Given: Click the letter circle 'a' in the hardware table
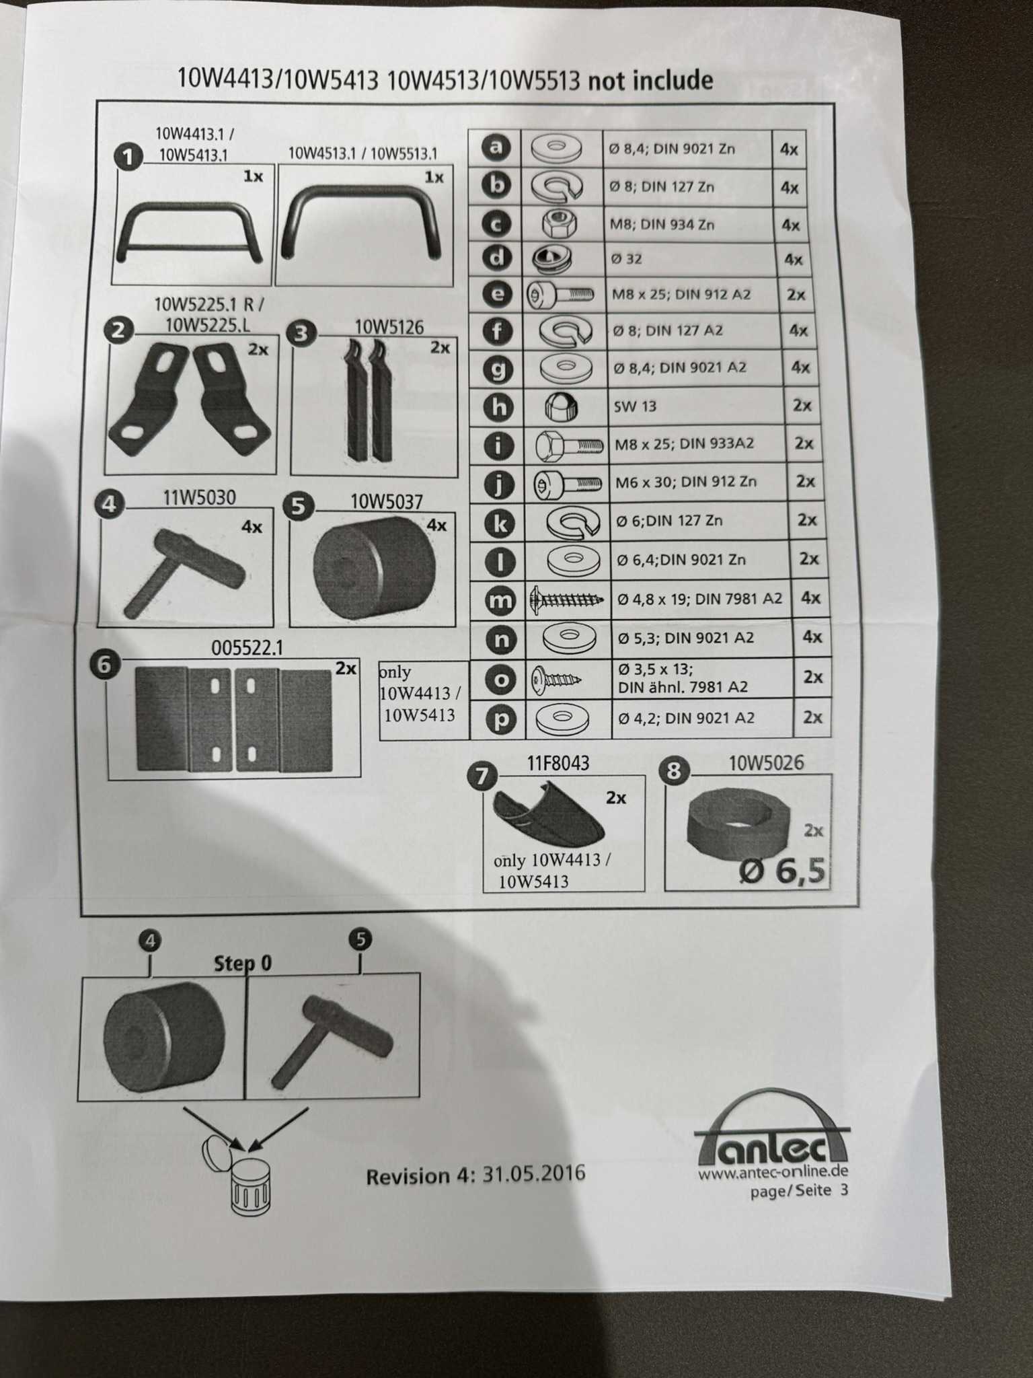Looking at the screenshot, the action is point(496,147).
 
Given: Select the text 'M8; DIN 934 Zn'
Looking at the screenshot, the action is point(662,224).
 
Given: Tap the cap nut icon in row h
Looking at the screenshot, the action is point(561,406).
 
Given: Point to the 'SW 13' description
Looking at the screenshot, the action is point(635,406).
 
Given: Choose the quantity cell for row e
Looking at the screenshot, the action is point(796,295).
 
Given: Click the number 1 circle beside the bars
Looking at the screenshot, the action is point(128,157).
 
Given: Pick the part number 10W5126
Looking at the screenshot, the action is point(389,328).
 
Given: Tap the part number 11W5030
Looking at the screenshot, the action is point(200,498).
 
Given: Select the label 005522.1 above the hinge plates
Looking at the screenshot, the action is point(247,648).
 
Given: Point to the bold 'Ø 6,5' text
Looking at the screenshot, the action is point(781,871).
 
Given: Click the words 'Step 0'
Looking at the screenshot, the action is point(243,964).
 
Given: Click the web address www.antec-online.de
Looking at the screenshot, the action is point(773,1173).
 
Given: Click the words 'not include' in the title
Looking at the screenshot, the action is point(650,81).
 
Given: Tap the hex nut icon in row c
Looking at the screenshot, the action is point(560,223).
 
